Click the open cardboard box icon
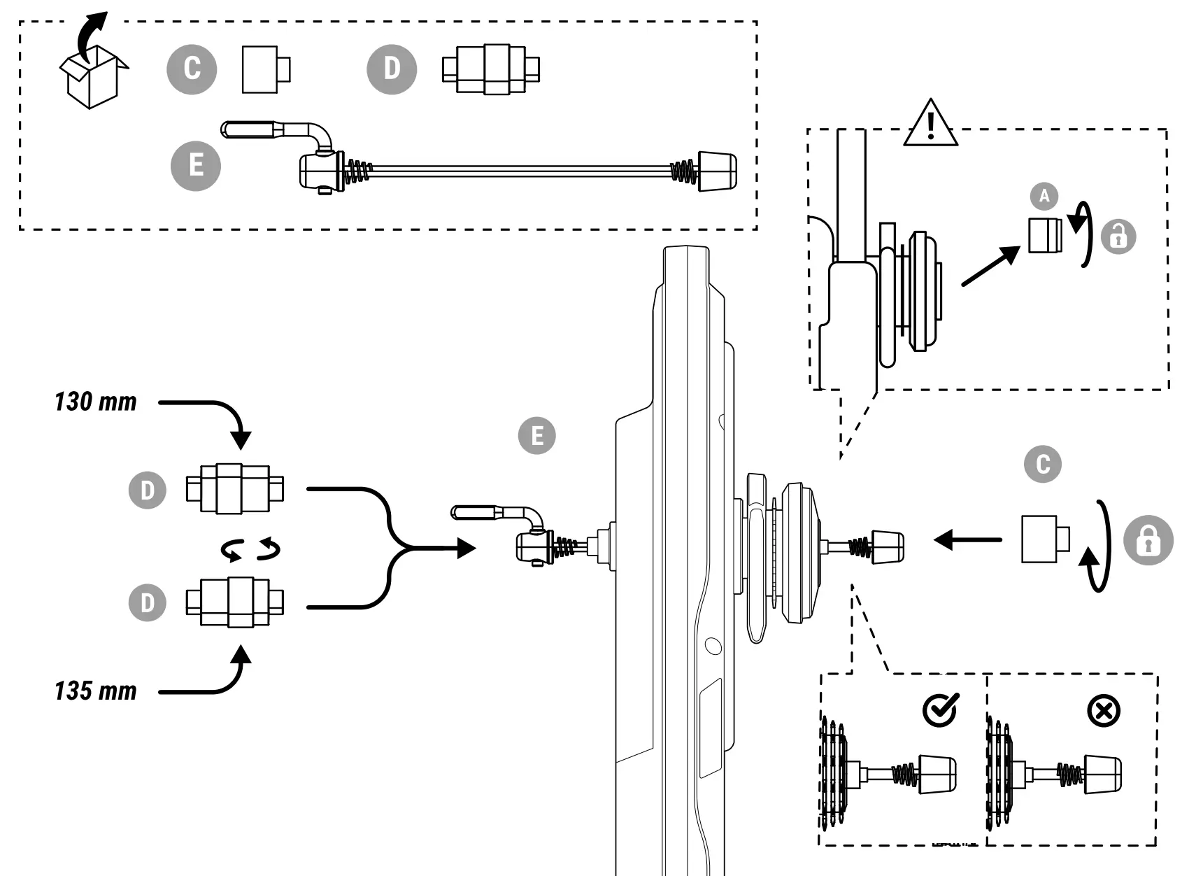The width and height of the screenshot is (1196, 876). [94, 75]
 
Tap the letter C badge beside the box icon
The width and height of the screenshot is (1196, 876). [192, 69]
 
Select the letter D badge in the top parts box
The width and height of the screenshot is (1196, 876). [392, 69]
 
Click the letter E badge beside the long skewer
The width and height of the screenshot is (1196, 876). [195, 166]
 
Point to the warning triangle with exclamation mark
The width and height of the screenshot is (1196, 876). [931, 123]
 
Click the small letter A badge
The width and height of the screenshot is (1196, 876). [1044, 196]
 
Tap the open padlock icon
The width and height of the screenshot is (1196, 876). [1118, 236]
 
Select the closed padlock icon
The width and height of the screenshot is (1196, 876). [1148, 540]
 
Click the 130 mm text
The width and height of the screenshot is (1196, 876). [96, 402]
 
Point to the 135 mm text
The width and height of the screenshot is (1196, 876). [96, 691]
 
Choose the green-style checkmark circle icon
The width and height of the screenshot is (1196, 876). [941, 710]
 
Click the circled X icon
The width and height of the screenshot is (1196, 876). [1104, 711]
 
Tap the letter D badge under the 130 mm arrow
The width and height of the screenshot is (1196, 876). [148, 490]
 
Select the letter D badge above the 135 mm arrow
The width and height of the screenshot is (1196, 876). [148, 602]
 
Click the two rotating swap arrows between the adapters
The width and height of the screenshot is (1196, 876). [250, 549]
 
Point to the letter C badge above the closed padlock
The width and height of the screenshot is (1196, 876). [1043, 464]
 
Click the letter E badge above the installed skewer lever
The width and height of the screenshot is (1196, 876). [536, 435]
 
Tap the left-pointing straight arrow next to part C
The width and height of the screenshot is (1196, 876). [967, 540]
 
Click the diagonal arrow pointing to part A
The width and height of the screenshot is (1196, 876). [991, 265]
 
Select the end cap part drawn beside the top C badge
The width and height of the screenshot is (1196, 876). [266, 69]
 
